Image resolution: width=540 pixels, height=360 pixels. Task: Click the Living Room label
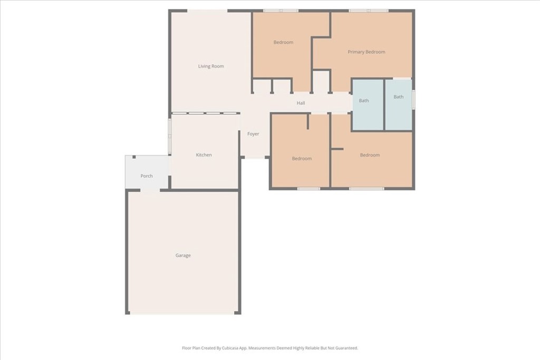[211, 66]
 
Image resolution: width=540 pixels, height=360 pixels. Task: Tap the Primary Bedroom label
[367, 52]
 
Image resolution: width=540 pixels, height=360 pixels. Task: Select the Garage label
[183, 255]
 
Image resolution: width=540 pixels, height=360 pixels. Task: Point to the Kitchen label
[204, 155]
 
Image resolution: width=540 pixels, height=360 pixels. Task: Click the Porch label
[147, 176]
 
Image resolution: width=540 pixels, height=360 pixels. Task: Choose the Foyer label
[253, 134]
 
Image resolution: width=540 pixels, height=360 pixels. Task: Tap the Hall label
[301, 103]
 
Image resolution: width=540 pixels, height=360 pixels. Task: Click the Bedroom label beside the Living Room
[283, 42]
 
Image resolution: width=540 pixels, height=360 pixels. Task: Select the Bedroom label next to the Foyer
[302, 159]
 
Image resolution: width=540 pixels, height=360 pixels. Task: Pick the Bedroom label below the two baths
[370, 155]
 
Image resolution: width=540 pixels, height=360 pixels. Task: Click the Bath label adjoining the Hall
[364, 101]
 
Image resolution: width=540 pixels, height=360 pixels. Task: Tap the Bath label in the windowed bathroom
[399, 96]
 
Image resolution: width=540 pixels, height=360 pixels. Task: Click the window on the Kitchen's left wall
[169, 136]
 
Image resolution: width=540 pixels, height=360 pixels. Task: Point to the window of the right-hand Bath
[413, 100]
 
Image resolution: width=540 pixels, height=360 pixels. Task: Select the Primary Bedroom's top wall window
[369, 11]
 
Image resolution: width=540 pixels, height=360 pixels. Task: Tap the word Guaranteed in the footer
[347, 348]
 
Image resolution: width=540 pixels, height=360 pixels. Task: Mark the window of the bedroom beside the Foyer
[308, 189]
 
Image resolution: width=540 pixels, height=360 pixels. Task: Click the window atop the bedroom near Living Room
[281, 11]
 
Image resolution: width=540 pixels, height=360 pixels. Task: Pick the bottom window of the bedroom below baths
[367, 189]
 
